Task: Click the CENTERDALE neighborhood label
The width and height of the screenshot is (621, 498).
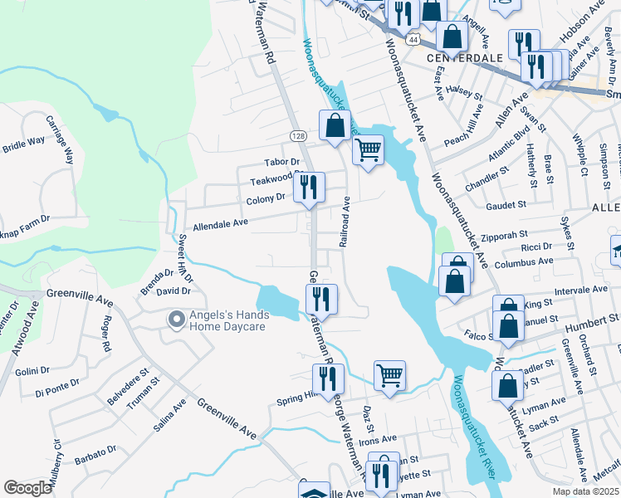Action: pos(465,58)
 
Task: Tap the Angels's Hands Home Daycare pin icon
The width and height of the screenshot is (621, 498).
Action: pos(175,319)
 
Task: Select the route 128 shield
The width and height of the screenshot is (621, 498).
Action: pos(298,135)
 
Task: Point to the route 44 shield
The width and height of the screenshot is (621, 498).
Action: pos(412,39)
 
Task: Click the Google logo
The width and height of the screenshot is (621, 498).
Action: pos(27,488)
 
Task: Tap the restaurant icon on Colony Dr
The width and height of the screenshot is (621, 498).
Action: pos(310,187)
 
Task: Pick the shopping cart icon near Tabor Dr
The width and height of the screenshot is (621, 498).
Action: pos(368,151)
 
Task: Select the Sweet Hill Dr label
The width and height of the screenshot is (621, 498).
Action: pos(185,259)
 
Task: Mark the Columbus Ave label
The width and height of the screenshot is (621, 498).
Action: pos(523,261)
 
